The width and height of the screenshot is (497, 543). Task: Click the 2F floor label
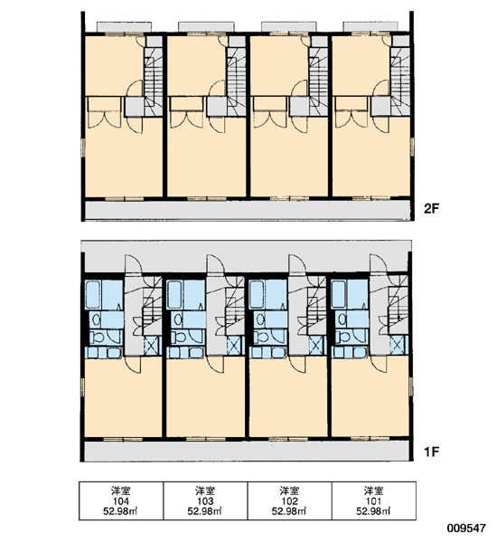431,208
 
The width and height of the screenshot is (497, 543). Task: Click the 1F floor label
431,452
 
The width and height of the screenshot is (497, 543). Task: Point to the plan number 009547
466,529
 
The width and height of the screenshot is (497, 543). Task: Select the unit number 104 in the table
121,501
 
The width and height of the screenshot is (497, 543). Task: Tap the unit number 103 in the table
205,501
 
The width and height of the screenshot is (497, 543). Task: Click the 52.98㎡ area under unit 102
289,511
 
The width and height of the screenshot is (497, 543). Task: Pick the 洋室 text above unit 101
374,491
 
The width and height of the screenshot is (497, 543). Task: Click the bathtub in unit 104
93,295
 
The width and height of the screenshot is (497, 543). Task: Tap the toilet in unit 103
177,337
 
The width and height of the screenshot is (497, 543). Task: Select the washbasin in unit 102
260,319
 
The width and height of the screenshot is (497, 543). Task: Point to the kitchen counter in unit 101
350,353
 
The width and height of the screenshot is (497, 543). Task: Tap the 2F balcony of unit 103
206,26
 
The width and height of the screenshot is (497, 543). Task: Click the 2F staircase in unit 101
399,76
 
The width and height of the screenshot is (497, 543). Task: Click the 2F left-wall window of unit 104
83,148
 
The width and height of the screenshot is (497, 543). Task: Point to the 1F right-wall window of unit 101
411,386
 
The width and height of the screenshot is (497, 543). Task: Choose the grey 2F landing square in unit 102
299,107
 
